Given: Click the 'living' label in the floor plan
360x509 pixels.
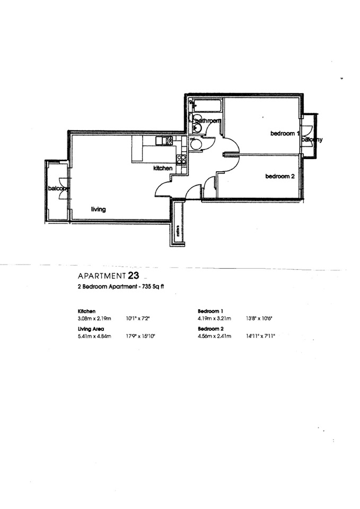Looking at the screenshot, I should click(x=98, y=209).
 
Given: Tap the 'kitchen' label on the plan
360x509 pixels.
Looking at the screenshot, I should click(x=163, y=168).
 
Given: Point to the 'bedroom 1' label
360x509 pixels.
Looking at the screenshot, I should click(x=285, y=134).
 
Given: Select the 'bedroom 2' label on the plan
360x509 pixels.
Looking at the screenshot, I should click(x=279, y=177).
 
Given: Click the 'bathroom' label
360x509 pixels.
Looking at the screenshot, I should click(x=207, y=121).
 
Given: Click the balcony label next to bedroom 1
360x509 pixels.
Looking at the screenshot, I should click(x=312, y=139).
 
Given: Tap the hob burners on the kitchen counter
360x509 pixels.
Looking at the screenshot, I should click(x=182, y=159).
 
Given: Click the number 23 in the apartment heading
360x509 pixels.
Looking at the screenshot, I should click(x=134, y=275).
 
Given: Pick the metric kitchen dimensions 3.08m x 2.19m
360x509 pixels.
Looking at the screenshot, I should click(x=94, y=319).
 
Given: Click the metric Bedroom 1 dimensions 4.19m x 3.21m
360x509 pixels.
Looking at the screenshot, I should click(x=214, y=319).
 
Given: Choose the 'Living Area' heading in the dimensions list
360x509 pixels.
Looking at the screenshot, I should click(x=90, y=329).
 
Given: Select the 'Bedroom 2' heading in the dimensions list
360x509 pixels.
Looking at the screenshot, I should click(x=210, y=329).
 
